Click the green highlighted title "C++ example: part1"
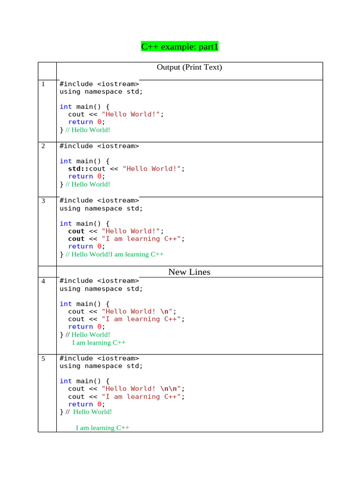[180, 46]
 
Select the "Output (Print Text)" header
[189, 67]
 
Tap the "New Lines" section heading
[189, 272]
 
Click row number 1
[43, 84]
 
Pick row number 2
[43, 146]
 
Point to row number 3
[43, 201]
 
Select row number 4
[43, 281]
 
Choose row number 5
[43, 359]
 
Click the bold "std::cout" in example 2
[87, 169]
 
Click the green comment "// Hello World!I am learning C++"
[114, 255]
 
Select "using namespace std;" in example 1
[101, 92]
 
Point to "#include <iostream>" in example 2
[99, 146]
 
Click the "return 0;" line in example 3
[87, 247]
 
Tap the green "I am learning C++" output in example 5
[103, 427]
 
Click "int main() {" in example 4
[84, 304]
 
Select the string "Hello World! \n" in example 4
[137, 312]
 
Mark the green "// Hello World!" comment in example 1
[88, 130]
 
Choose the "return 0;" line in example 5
[87, 405]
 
